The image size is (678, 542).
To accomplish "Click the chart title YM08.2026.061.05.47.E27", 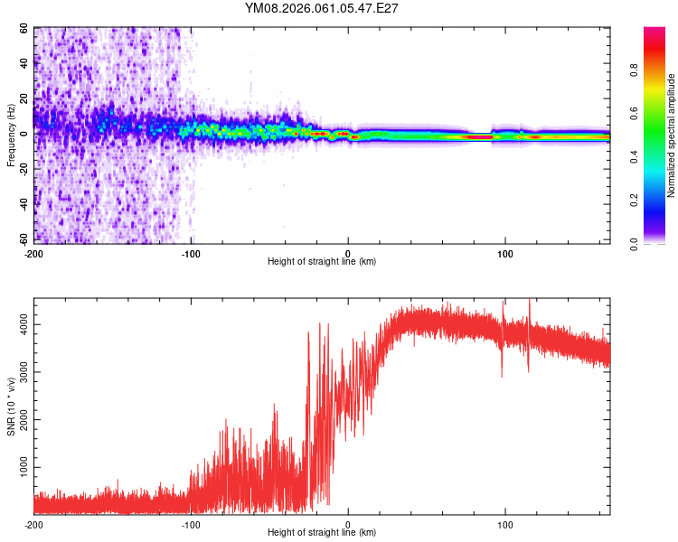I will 322,8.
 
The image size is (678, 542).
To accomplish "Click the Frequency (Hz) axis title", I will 11,135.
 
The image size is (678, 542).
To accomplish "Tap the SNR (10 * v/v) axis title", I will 11,406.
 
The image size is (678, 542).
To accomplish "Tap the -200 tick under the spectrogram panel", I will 33,252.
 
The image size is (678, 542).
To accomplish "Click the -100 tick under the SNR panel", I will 191,524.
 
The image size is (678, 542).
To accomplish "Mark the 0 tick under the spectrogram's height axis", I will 348,252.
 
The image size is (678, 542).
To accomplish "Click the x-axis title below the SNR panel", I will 322,534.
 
